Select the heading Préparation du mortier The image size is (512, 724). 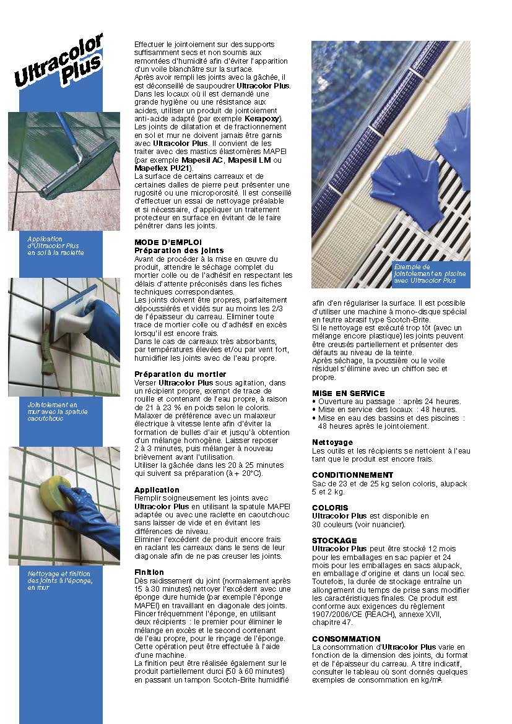(x=180, y=374)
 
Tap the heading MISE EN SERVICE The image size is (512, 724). (x=348, y=393)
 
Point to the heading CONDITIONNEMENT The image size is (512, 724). (x=352, y=475)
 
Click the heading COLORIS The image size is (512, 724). (x=330, y=508)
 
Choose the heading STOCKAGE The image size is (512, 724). (x=334, y=541)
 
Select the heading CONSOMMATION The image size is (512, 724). (x=346, y=639)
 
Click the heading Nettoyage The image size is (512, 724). (x=332, y=442)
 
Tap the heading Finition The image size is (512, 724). (x=149, y=572)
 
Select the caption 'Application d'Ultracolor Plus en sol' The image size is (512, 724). (x=56, y=245)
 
